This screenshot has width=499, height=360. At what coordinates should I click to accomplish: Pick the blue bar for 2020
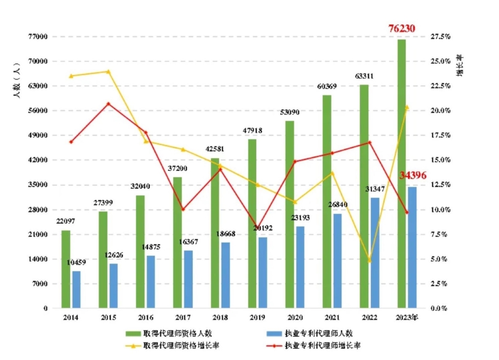[300, 267]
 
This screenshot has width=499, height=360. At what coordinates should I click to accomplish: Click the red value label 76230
[402, 29]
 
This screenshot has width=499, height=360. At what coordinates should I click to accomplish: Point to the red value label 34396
[413, 175]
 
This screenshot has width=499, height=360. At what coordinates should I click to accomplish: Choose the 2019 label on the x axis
[257, 318]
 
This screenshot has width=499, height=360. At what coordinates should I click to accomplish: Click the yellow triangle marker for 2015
[108, 71]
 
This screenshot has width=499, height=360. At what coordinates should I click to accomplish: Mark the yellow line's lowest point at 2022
[369, 260]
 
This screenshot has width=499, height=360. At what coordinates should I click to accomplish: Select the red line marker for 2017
[183, 209]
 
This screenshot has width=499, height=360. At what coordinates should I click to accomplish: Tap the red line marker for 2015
[108, 103]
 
